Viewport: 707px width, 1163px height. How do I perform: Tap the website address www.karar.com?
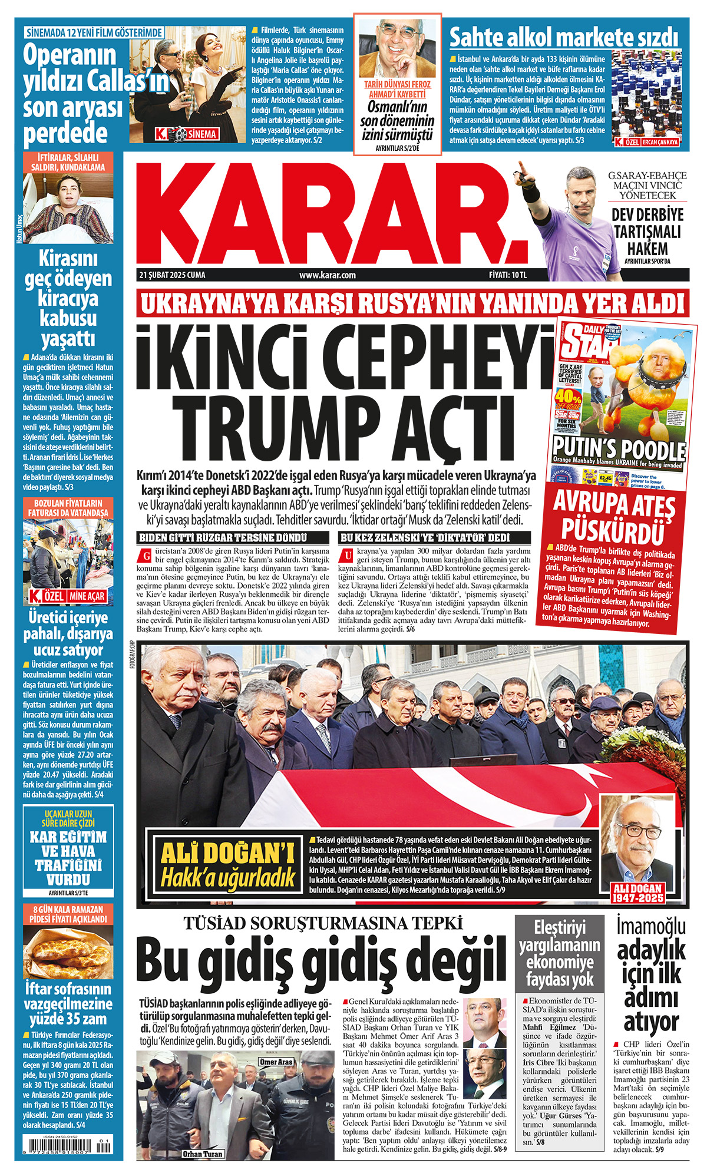pyautogui.click(x=327, y=275)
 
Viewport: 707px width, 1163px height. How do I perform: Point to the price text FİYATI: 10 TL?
pyautogui.click(x=507, y=275)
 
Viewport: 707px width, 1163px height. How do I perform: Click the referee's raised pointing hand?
pyautogui.click(x=521, y=172)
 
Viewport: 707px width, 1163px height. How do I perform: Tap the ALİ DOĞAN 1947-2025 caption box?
pyautogui.click(x=638, y=893)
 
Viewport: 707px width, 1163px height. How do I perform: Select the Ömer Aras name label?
pyautogui.click(x=276, y=1062)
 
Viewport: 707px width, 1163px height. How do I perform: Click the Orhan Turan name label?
pyautogui.click(x=202, y=1154)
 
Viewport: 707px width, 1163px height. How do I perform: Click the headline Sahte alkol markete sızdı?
pyautogui.click(x=564, y=37)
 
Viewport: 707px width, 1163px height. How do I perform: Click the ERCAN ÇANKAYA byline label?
pyautogui.click(x=660, y=142)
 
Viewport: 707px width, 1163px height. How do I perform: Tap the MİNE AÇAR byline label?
pyautogui.click(x=87, y=596)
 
